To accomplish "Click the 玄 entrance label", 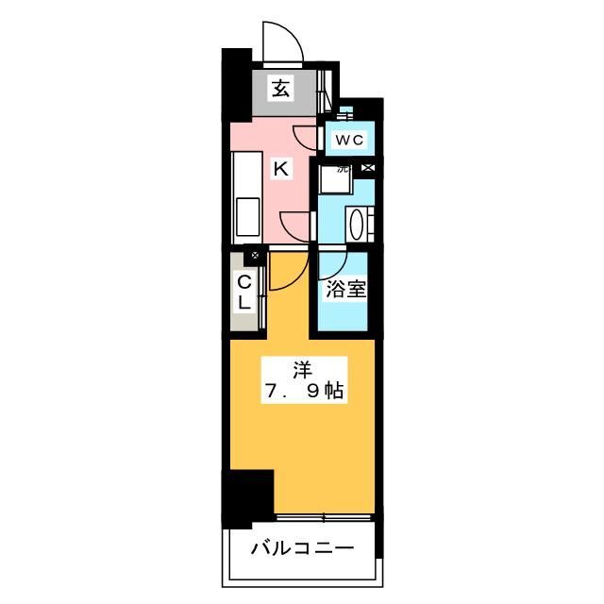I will coord(280,90).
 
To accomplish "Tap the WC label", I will coord(348,141).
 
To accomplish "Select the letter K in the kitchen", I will coord(279,169).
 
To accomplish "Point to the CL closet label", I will coord(243,292).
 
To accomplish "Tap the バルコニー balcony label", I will coord(302,548).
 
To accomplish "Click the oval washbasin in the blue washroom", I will coord(358,225).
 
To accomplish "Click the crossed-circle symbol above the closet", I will coord(254,255).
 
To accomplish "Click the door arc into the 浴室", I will coord(335,260).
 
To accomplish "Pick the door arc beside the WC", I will coord(307,135).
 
